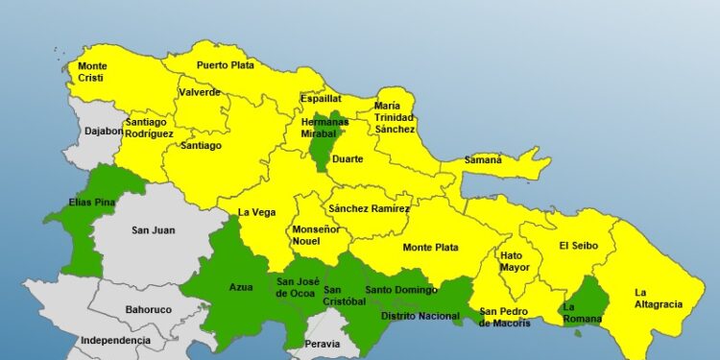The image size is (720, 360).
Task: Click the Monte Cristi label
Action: click(x=92, y=72)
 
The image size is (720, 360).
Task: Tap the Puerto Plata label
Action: click(x=226, y=65)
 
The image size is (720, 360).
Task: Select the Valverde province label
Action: click(x=200, y=92)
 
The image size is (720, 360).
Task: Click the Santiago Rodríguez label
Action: click(x=148, y=128)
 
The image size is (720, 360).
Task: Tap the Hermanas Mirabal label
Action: click(x=325, y=130)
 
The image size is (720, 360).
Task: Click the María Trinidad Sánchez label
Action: click(x=395, y=117)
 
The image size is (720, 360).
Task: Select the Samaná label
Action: click(x=483, y=159)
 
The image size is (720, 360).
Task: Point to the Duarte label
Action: click(x=347, y=158)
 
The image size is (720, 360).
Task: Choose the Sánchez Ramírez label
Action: click(x=369, y=208)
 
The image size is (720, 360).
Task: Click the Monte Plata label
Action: click(x=429, y=247)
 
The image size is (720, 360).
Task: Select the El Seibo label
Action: click(x=578, y=246)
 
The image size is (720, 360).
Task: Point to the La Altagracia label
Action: click(x=658, y=299)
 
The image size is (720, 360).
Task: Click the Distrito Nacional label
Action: click(x=421, y=316)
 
